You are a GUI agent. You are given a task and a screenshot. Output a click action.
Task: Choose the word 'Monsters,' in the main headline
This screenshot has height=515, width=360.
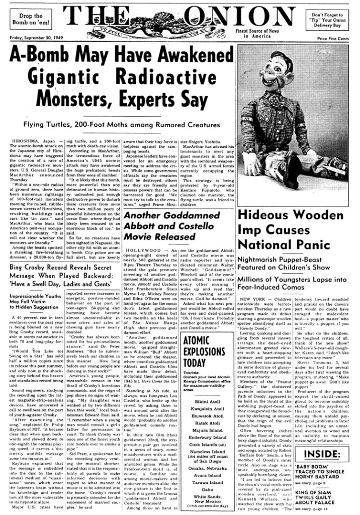tap(96, 96)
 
